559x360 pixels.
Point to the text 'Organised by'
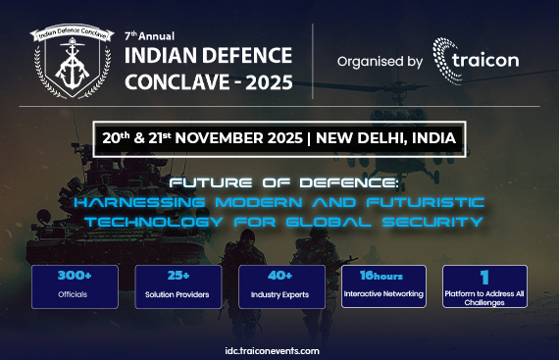click(379, 62)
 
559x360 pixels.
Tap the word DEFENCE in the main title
click(244, 54)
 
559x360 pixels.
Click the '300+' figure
click(75, 278)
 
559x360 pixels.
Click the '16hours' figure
click(383, 276)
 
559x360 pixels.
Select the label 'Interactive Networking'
click(383, 293)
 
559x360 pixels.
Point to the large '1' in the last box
click(484, 277)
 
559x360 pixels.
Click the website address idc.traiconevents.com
click(279, 347)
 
